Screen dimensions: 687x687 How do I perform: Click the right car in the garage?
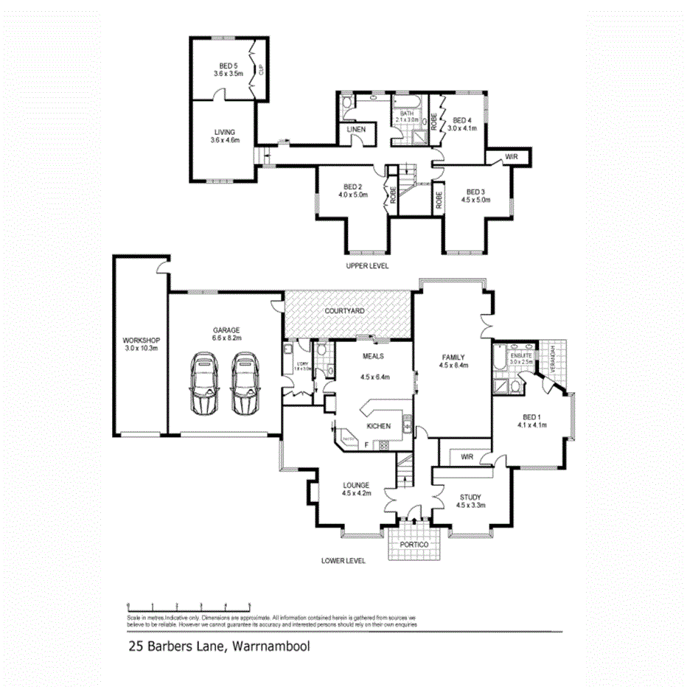click(245, 383)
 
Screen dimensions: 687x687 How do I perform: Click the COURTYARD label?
click(345, 312)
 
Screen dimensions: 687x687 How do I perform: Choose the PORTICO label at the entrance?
click(414, 544)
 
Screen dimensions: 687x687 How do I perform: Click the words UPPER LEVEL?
click(367, 265)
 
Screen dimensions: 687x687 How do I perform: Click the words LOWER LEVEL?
click(343, 560)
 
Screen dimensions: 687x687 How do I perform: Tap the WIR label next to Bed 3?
click(511, 157)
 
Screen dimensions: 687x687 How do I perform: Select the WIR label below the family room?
click(466, 457)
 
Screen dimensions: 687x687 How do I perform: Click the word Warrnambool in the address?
click(271, 649)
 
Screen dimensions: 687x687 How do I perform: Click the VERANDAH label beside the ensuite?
click(554, 358)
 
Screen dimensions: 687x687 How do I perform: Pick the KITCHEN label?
click(378, 426)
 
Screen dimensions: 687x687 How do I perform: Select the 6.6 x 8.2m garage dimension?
click(227, 338)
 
